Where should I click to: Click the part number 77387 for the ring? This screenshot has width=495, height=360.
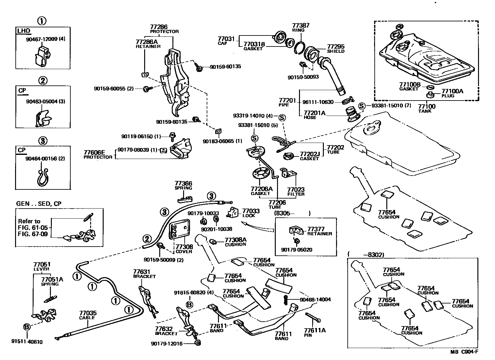click(x=301, y=25)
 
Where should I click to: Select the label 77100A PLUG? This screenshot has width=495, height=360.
click(x=452, y=93)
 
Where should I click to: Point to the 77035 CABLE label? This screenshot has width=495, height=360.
click(x=88, y=315)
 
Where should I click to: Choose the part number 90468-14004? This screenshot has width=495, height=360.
click(x=315, y=300)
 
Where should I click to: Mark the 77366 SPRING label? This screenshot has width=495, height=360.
click(x=183, y=185)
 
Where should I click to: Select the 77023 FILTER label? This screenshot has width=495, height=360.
click(x=296, y=192)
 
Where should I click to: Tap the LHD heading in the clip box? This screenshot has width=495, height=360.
click(x=24, y=31)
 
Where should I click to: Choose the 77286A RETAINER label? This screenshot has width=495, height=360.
click(x=148, y=44)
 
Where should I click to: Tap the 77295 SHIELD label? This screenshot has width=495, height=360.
click(x=336, y=48)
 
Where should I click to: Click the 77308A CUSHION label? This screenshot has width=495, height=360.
click(x=236, y=242)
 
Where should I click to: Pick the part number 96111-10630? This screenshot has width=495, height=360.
click(x=318, y=102)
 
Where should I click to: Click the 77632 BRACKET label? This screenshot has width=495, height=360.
click(x=166, y=331)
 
